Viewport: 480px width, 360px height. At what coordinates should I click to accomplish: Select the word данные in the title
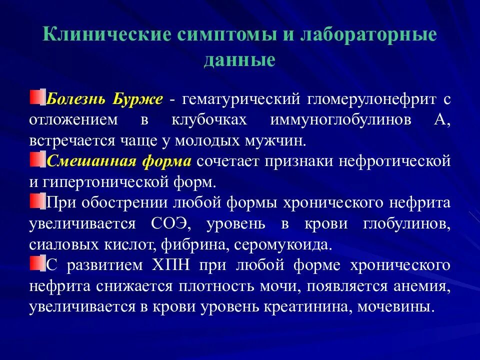(239, 59)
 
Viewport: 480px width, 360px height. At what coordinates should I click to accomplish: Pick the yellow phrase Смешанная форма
(119, 161)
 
